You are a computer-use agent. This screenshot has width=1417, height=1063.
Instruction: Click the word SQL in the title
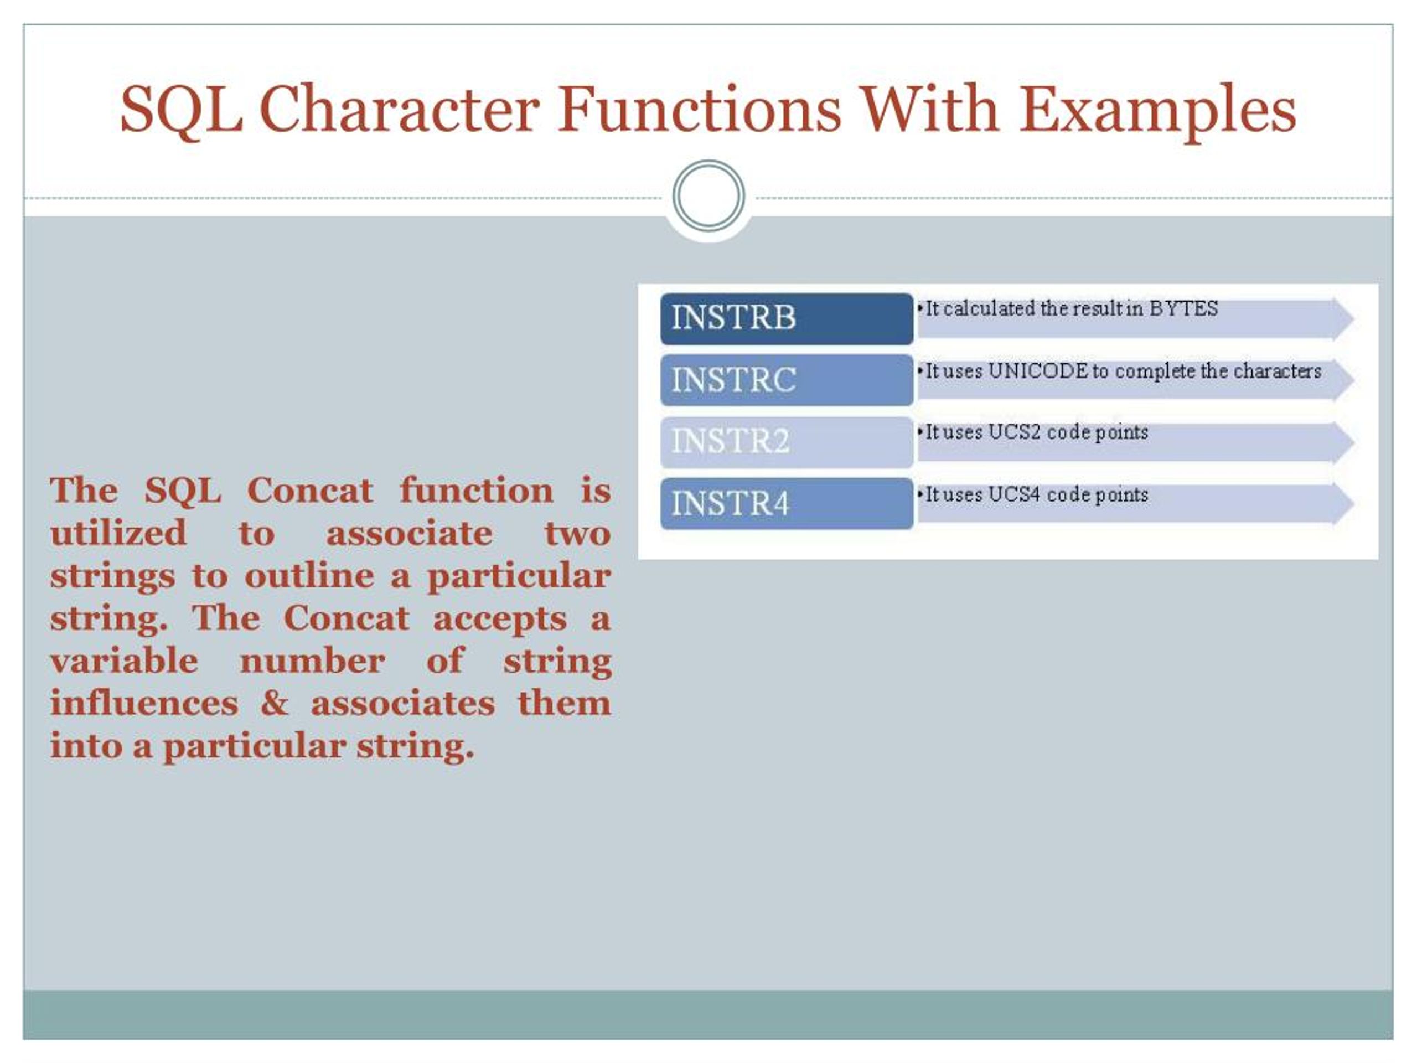[182, 110]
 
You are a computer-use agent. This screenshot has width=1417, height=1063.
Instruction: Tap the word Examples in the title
[1157, 110]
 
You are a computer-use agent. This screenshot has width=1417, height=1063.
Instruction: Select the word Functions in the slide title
[699, 110]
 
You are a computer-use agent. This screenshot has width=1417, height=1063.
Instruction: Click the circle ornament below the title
[708, 195]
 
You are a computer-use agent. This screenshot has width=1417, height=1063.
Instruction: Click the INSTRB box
[786, 318]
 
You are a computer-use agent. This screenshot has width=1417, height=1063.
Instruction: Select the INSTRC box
[786, 380]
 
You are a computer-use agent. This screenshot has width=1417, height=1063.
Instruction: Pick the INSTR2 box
[786, 441]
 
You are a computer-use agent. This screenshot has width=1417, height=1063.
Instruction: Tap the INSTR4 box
[786, 504]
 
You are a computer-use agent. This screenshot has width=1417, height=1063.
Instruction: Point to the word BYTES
[1183, 309]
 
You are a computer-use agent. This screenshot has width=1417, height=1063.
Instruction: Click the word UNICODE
[1038, 371]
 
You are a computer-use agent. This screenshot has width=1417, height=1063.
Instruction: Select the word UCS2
[1014, 432]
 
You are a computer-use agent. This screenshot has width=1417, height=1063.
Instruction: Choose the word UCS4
[1014, 494]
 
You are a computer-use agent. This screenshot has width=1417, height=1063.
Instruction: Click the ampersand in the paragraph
[274, 703]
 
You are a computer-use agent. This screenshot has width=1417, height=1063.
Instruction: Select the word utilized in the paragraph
[118, 533]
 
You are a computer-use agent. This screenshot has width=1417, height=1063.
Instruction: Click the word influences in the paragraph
[144, 703]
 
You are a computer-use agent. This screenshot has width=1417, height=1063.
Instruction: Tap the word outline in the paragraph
[309, 575]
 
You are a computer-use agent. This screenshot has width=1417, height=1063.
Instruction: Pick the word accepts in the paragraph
[500, 619]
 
